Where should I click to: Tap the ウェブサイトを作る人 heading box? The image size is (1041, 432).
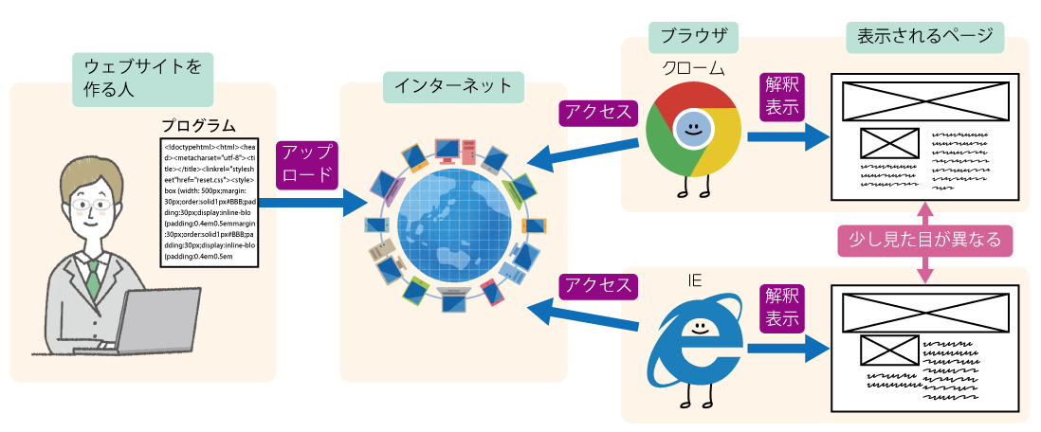click(142, 79)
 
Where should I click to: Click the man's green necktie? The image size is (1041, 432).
click(93, 276)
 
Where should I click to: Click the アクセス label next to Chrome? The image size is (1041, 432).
click(598, 112)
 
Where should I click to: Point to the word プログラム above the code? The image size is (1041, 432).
click(197, 126)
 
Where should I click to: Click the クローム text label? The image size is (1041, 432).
click(693, 68)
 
